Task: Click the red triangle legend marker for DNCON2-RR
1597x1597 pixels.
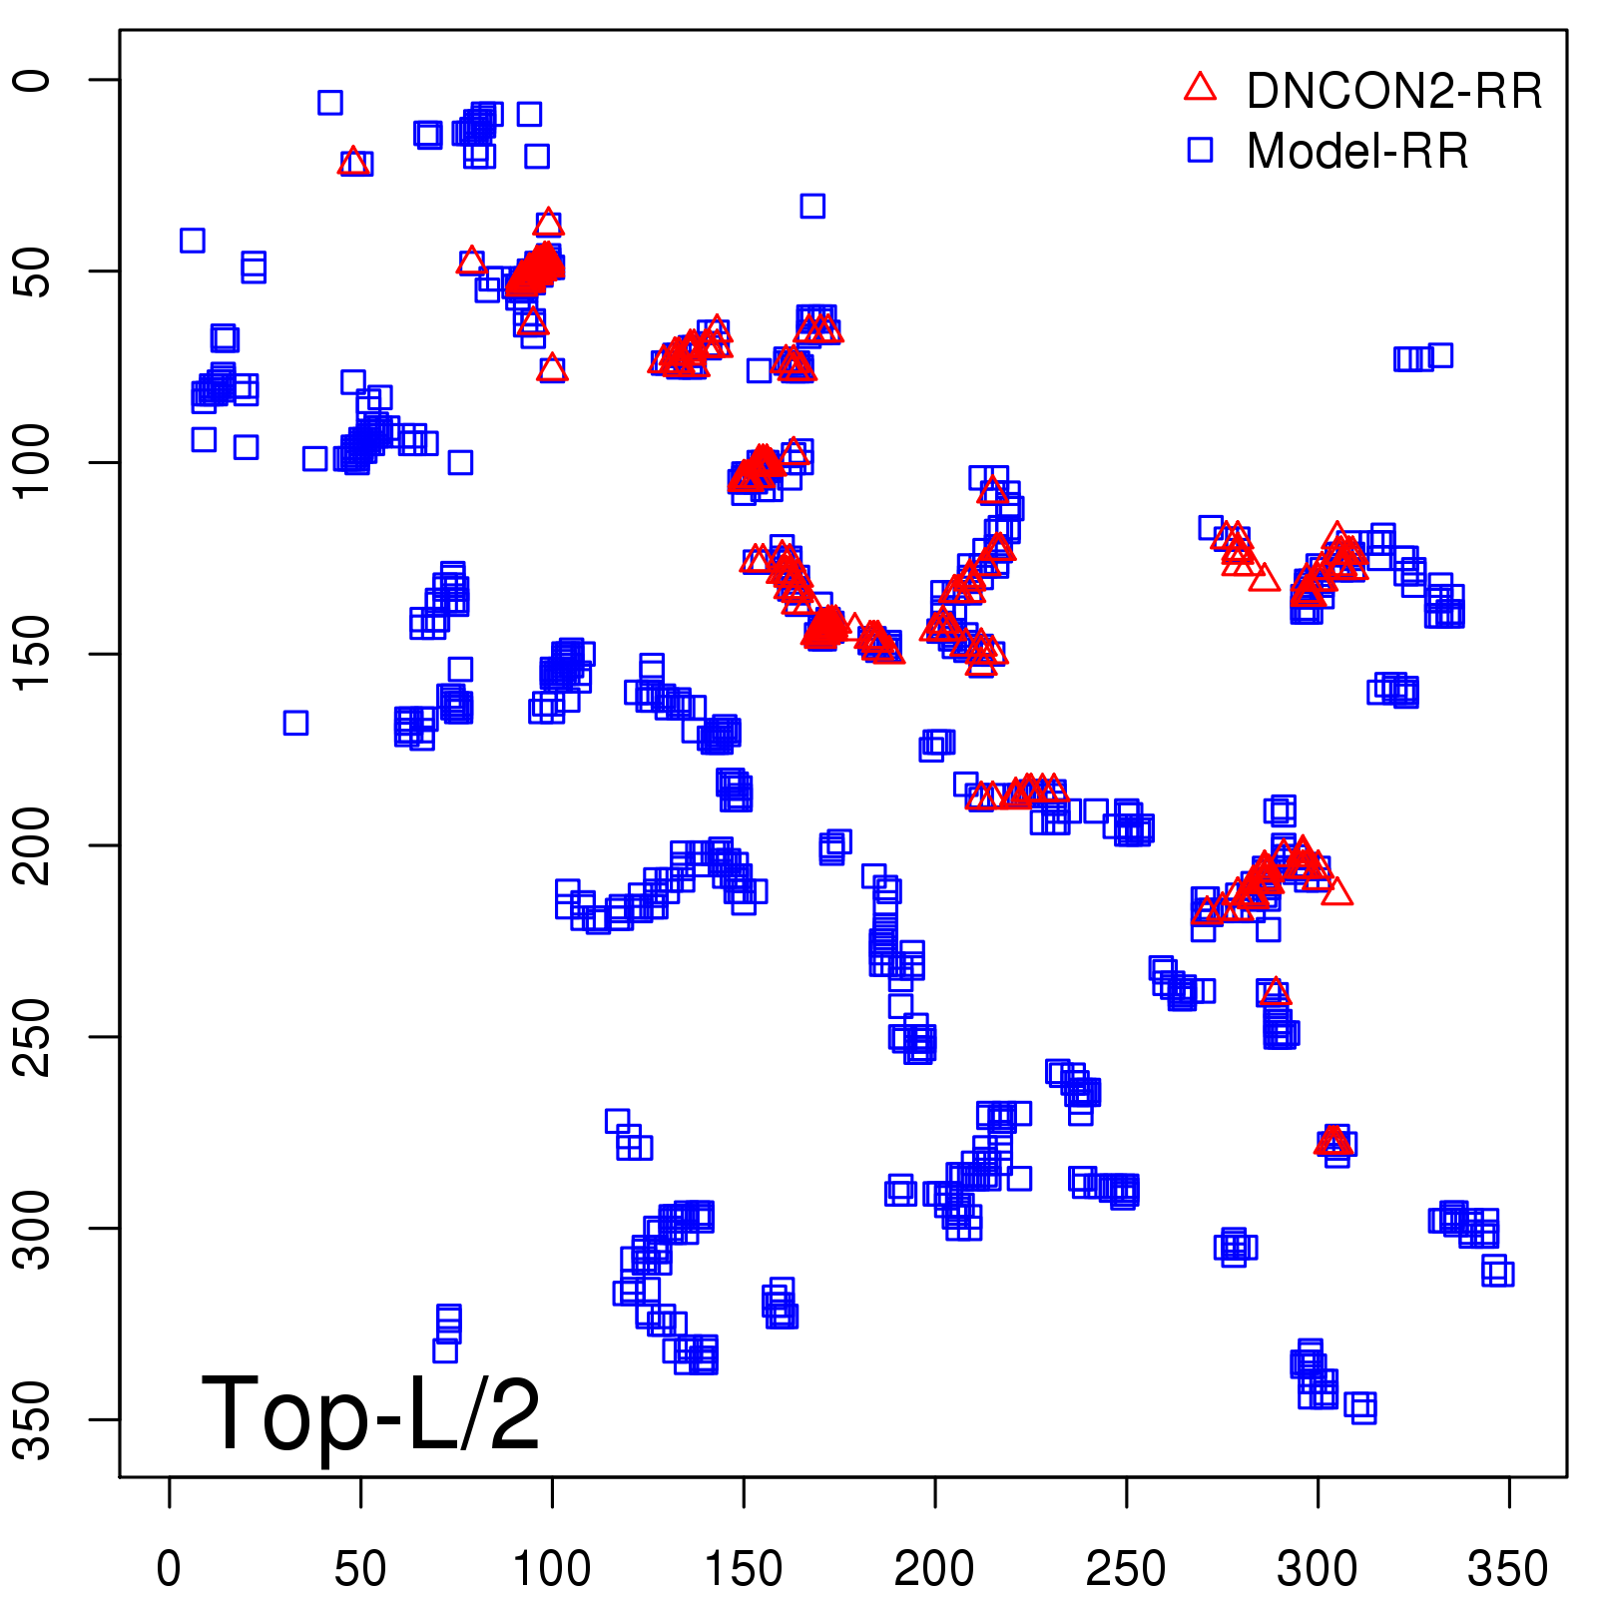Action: pyautogui.click(x=1200, y=88)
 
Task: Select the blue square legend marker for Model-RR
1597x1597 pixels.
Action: pyautogui.click(x=1200, y=150)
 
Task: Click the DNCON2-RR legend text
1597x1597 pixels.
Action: pyautogui.click(x=1393, y=92)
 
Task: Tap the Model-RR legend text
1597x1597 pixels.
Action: pyautogui.click(x=1357, y=152)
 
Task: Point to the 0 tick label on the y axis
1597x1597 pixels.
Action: pyautogui.click(x=34, y=80)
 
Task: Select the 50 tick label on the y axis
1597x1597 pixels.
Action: pyautogui.click(x=34, y=270)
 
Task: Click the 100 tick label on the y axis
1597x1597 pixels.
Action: pyautogui.click(x=34, y=462)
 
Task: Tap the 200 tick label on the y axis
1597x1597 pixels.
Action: pyautogui.click(x=34, y=845)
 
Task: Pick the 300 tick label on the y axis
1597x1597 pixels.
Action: pyautogui.click(x=34, y=1228)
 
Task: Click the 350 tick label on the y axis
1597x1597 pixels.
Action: pyautogui.click(x=34, y=1419)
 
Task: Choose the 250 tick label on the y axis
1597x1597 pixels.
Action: pyautogui.click(x=34, y=1036)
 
